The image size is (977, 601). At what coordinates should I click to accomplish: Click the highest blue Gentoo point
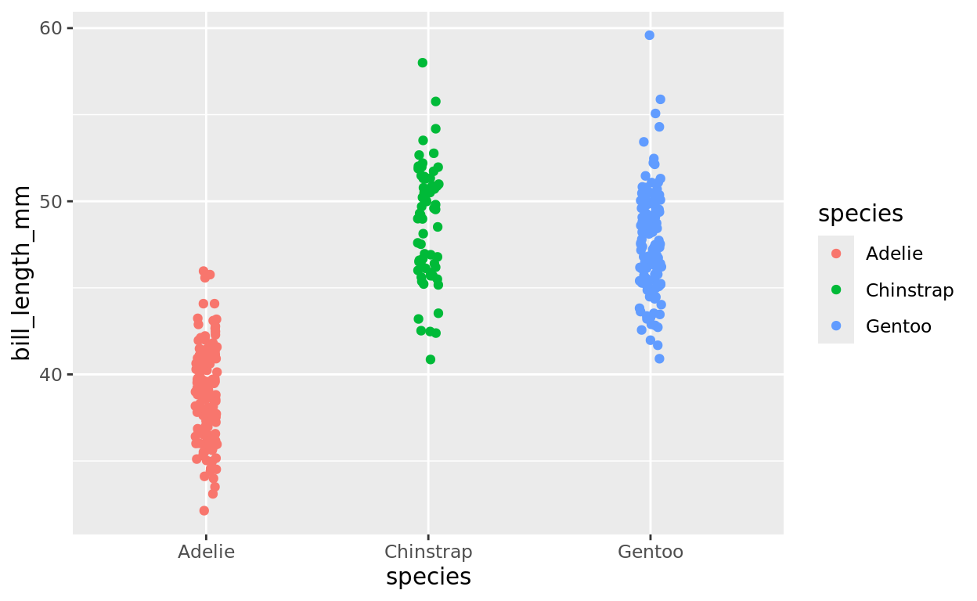(x=650, y=35)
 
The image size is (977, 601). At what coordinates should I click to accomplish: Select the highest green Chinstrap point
(x=423, y=63)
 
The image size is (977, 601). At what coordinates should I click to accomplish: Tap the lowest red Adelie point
(x=204, y=510)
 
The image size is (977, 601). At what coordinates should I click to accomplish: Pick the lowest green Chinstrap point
(x=431, y=359)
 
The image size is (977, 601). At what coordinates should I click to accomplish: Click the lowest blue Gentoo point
(x=659, y=358)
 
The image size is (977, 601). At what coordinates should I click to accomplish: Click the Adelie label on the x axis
(x=206, y=552)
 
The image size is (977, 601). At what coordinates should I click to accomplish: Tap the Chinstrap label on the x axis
(x=428, y=552)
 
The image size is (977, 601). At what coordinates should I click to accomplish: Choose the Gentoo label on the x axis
(x=651, y=552)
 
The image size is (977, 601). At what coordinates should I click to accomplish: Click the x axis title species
(x=428, y=577)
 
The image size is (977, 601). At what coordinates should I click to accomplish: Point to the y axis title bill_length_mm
(x=23, y=273)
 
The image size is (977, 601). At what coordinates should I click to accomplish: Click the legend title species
(x=860, y=214)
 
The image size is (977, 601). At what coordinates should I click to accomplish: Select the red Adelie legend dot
(x=836, y=254)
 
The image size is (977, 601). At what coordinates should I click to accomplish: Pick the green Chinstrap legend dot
(x=836, y=290)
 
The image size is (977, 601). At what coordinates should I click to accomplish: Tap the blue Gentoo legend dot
(x=836, y=326)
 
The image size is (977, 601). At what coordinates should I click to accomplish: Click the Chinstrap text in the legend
(x=910, y=290)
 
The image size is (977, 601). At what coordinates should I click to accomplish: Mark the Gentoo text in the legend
(x=899, y=326)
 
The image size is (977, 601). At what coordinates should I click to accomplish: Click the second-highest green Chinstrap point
(x=436, y=102)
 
